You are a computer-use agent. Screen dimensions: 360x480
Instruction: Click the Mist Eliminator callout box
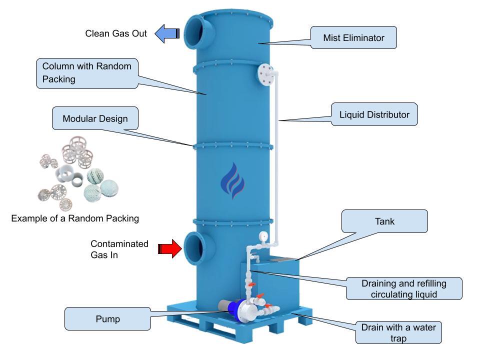click(353, 37)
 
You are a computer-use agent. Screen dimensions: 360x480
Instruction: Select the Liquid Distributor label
click(374, 115)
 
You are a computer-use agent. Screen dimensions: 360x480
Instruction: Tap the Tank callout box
click(384, 221)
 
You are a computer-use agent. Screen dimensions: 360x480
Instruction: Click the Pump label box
click(107, 319)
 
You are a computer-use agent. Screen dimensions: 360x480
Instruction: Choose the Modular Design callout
click(95, 119)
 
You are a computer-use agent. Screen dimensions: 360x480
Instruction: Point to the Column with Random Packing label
click(87, 73)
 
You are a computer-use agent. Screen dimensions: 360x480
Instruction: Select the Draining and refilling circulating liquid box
click(404, 289)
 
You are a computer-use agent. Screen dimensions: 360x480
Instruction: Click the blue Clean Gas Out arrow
click(167, 33)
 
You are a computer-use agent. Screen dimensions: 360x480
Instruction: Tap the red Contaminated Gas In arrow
click(170, 248)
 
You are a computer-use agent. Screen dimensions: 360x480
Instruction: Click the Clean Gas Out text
click(116, 33)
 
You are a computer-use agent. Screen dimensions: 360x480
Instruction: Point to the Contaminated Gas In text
click(119, 249)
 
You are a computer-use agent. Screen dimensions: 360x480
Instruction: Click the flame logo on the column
click(233, 181)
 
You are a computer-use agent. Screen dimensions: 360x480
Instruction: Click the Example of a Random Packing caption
click(75, 218)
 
